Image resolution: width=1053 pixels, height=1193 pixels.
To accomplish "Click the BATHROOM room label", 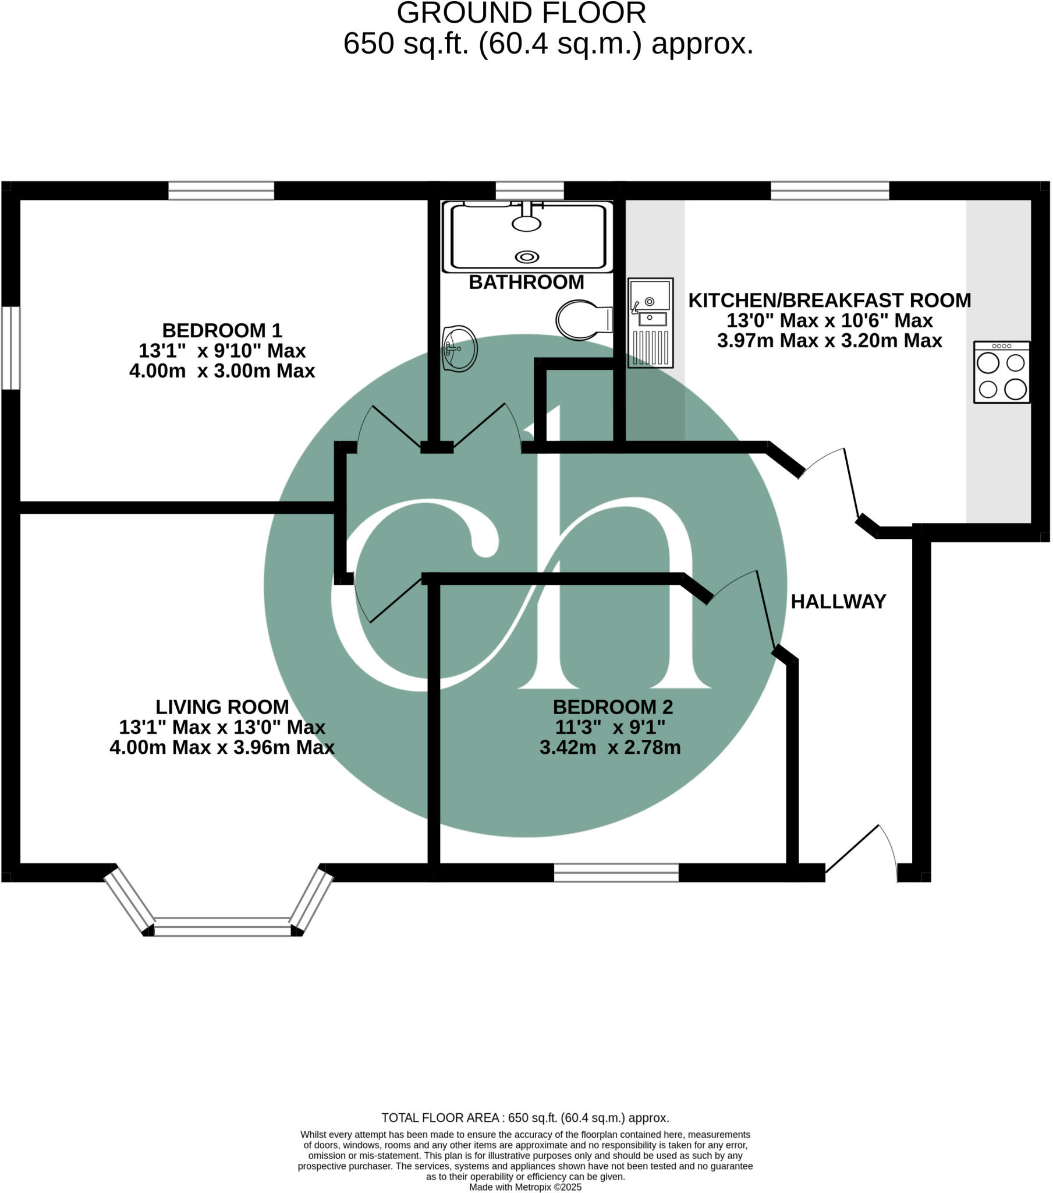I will point(526,283).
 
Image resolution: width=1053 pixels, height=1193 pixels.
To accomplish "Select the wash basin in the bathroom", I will point(459,348).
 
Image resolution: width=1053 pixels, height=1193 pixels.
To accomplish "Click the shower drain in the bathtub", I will point(527,257).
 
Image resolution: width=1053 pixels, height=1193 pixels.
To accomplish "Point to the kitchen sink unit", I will point(650,323).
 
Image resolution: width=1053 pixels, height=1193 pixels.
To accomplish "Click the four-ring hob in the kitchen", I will point(1001,372).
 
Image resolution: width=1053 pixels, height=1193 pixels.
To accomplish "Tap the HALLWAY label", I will point(838,601).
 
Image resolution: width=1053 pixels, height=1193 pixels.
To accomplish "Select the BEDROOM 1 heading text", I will point(222,331).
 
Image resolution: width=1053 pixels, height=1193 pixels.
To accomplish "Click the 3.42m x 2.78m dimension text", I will point(609,748).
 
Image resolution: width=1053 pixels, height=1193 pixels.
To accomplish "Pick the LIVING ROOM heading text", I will point(222,707).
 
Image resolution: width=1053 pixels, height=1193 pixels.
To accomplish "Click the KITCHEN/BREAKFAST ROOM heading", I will point(829,301).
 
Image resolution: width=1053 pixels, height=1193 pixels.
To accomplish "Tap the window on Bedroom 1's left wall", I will point(10,348).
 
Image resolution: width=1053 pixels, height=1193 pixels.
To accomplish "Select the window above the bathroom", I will point(530,191).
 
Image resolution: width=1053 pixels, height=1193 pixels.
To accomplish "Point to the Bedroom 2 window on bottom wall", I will point(616,873).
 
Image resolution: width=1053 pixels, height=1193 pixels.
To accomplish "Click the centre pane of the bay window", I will point(222,927).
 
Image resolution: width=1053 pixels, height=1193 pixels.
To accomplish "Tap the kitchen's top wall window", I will point(829,191).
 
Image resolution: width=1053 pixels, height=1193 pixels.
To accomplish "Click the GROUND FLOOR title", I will point(521,13).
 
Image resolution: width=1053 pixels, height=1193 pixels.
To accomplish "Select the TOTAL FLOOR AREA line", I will point(525,1118).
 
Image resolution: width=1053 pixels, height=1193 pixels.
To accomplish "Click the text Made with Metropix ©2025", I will point(525,1187).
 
